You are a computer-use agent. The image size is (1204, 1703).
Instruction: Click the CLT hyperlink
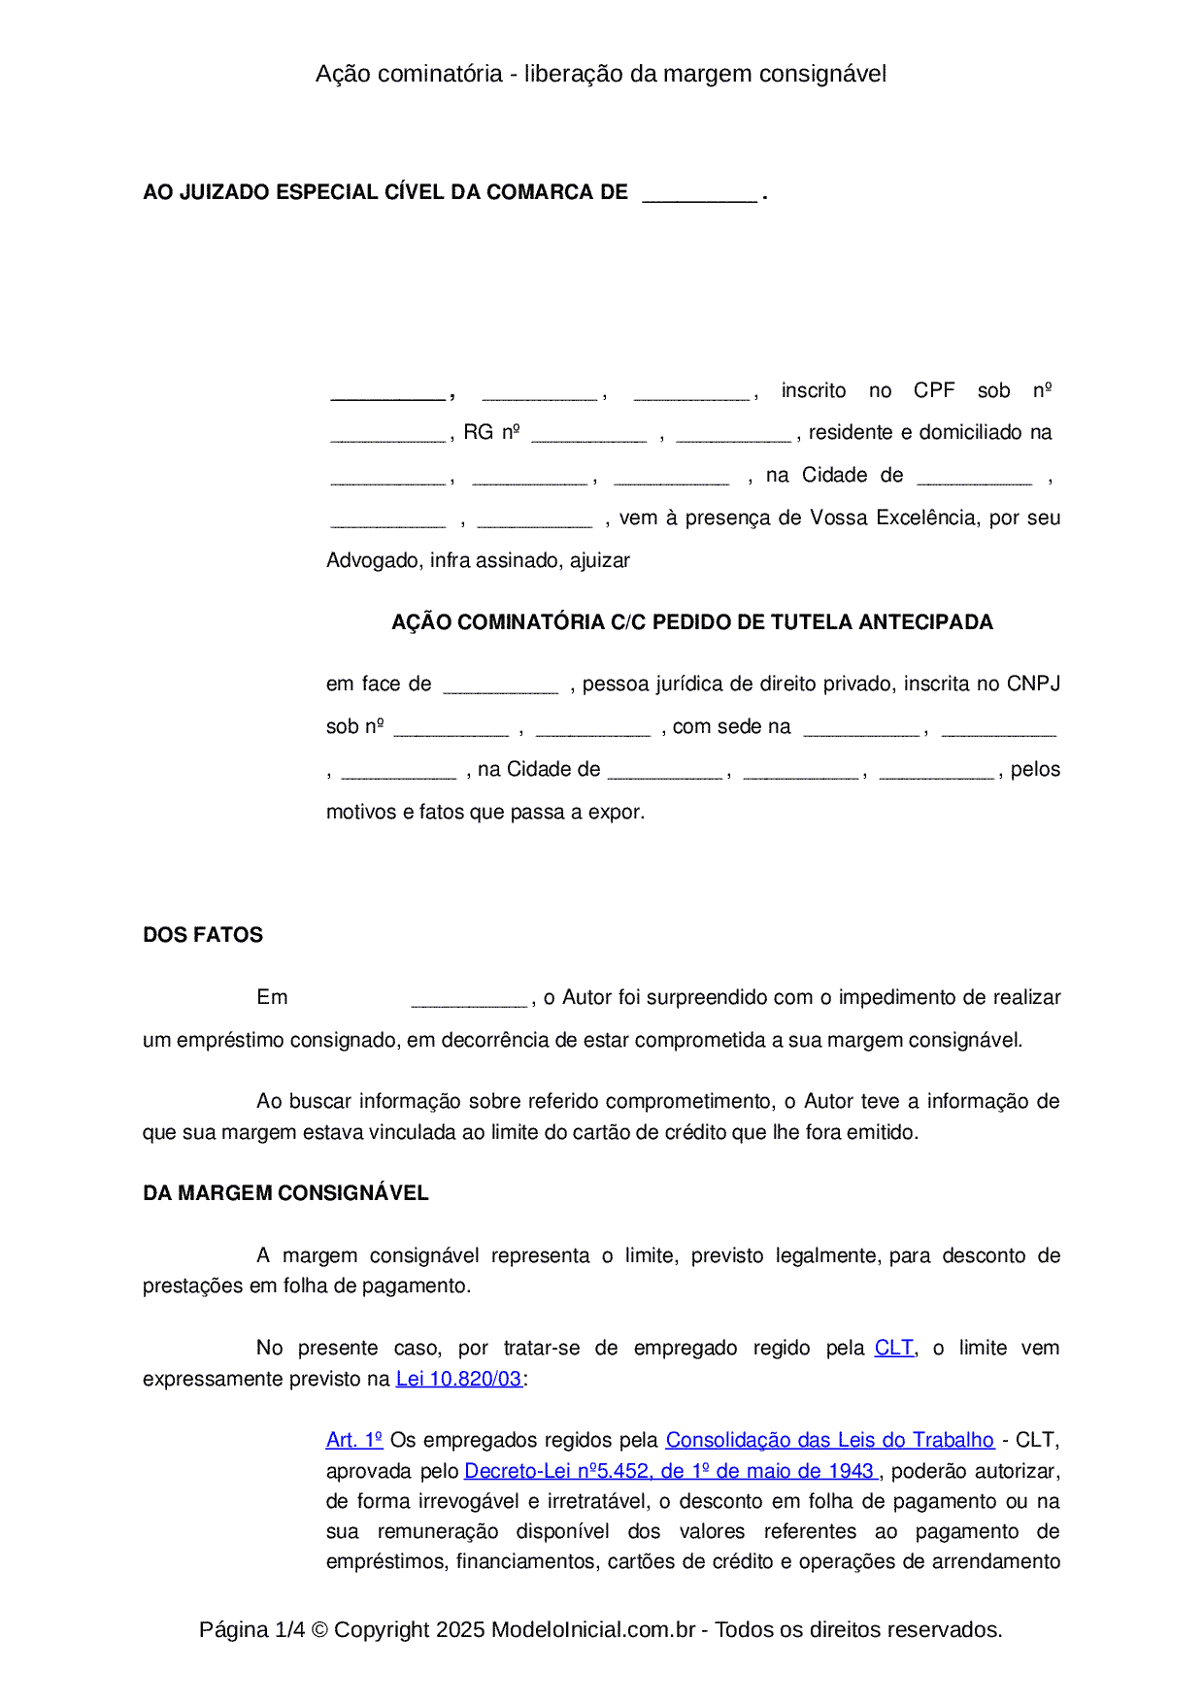coord(893,1348)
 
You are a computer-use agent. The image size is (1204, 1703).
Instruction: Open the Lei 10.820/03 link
coord(458,1379)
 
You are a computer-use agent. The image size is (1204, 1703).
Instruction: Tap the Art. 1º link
coord(354,1440)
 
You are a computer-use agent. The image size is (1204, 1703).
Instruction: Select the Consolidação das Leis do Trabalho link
coord(829,1440)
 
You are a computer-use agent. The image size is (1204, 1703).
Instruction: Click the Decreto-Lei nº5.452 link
coord(670,1471)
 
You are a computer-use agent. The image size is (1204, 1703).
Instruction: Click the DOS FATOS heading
coord(203,935)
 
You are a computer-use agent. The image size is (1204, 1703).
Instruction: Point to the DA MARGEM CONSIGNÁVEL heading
coord(285,1193)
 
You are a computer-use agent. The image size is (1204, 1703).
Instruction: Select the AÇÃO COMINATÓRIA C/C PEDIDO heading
coord(691,622)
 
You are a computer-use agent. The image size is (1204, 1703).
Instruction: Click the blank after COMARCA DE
coord(699,194)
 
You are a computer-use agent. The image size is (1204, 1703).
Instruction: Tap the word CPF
coord(934,390)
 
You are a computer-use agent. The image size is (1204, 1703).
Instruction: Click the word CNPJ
coord(1033,684)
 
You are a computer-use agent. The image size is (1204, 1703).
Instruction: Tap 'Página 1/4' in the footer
coord(251,1629)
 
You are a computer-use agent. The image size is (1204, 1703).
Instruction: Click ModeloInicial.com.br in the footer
coord(593,1629)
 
